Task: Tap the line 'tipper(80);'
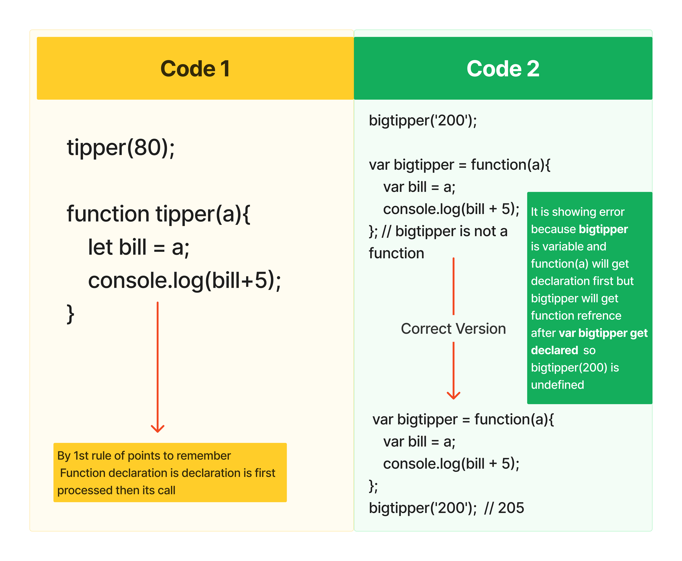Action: (121, 148)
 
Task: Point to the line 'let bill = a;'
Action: (139, 247)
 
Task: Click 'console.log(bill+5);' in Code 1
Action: (185, 280)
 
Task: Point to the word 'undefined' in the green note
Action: (557, 385)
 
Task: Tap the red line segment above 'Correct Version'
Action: (453, 286)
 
